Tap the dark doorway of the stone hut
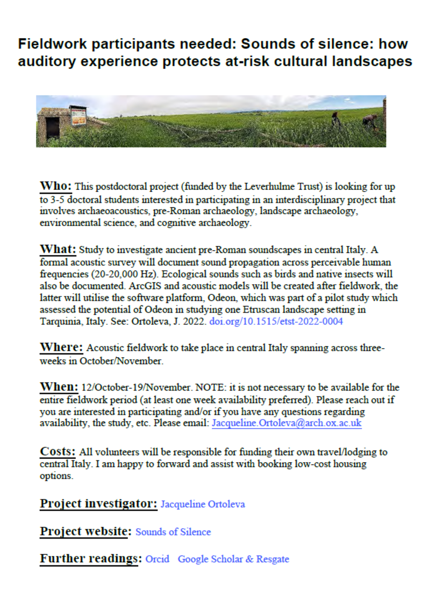click(x=53, y=129)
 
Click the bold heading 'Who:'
click(x=56, y=186)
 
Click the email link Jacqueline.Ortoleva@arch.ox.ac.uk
click(x=286, y=423)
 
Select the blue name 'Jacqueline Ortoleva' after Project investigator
click(x=203, y=505)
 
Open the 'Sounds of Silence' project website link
click(x=173, y=532)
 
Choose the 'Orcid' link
click(x=157, y=559)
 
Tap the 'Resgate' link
click(x=272, y=559)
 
